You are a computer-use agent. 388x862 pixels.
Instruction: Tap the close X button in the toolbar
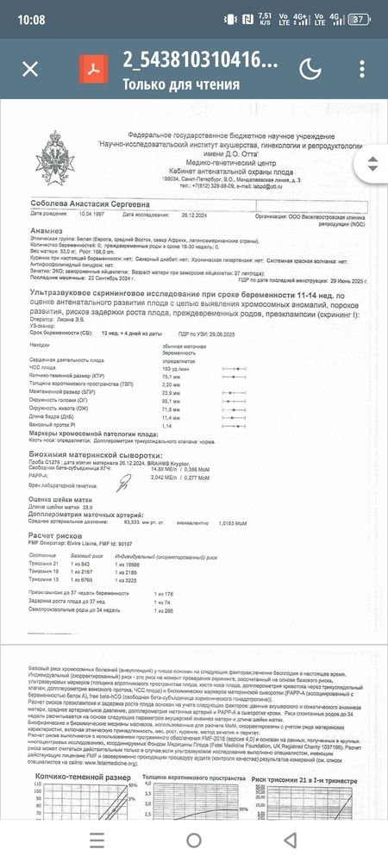pyautogui.click(x=30, y=69)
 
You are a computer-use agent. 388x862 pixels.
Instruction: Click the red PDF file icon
pyautogui.click(x=90, y=69)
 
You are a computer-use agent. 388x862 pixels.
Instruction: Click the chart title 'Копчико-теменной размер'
pyautogui.click(x=83, y=753)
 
